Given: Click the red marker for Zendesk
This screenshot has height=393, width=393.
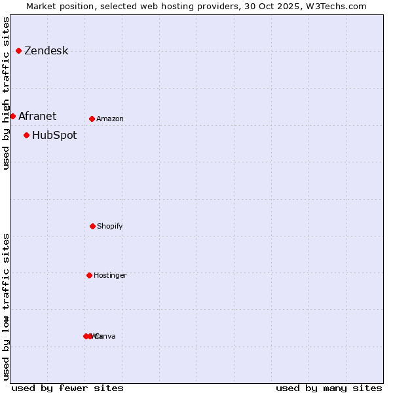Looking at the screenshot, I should [18, 50].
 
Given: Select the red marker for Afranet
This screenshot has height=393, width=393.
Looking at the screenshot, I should [12, 116].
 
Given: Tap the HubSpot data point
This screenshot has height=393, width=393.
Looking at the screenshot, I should [26, 135].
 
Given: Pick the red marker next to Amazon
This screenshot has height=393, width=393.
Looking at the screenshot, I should [92, 119].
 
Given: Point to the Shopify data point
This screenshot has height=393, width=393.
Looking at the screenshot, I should [92, 226].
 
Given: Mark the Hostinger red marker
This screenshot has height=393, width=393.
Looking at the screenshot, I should [89, 275].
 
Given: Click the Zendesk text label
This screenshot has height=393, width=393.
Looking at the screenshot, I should [46, 51].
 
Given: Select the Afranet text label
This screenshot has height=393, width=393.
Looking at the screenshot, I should [37, 116].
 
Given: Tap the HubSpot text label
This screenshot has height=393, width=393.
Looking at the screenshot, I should [54, 136].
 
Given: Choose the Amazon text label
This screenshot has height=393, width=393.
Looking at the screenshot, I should [110, 119].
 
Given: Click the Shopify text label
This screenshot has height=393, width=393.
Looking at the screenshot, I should [110, 227].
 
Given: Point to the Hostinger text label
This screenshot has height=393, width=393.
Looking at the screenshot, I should [110, 276].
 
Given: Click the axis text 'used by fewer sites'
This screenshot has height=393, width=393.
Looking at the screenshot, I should [67, 388].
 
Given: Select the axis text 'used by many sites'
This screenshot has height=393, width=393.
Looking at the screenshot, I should [329, 388].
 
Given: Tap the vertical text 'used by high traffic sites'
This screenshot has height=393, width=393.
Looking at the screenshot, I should [6, 93].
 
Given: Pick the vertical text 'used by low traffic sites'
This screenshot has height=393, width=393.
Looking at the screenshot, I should [6, 307].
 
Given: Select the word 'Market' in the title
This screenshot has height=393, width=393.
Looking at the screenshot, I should [41, 6].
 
